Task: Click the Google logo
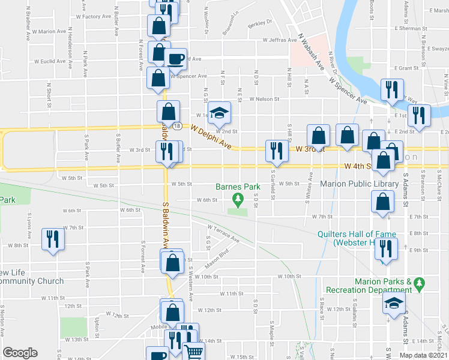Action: coord(20,353)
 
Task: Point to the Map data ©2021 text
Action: coord(423,355)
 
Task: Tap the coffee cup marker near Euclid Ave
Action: coord(175,59)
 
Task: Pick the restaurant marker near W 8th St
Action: coord(52,239)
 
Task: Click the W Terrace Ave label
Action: coord(223,233)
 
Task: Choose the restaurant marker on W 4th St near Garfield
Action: coord(276,150)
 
